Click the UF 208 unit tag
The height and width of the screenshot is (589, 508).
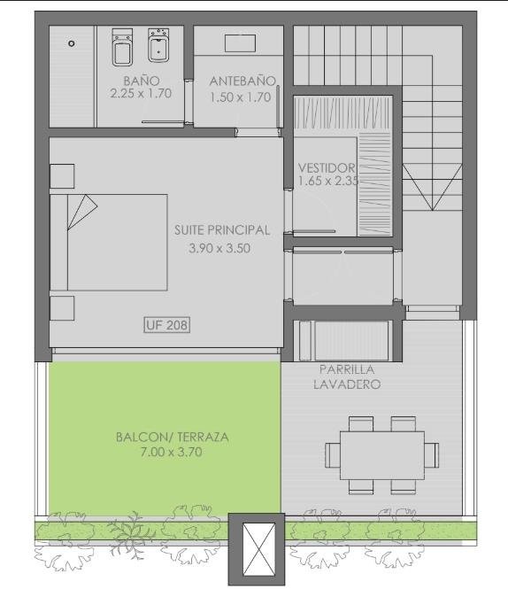(167, 325)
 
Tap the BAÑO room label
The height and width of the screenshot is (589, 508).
(142, 81)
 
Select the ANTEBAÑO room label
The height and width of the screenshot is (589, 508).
(242, 81)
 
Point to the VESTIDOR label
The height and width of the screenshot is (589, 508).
(327, 167)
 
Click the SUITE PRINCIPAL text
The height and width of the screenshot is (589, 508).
(222, 230)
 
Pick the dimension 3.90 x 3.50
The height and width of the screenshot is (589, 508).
(219, 248)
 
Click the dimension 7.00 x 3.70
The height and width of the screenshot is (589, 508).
(171, 452)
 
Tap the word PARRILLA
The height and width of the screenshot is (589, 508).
(347, 369)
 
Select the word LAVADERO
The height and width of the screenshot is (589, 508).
(347, 384)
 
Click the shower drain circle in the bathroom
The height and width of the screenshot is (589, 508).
(72, 43)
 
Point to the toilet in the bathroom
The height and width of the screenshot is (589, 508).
(122, 47)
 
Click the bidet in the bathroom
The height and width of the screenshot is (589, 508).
(158, 45)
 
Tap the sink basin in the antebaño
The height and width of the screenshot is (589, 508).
(241, 43)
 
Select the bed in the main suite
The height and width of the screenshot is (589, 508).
(109, 243)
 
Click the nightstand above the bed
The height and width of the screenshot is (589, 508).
(62, 176)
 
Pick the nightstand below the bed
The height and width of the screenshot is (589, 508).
(62, 308)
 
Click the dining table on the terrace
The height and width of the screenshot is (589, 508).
(382, 455)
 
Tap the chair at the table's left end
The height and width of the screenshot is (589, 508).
(333, 455)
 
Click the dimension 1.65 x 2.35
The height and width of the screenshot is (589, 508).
(328, 181)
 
